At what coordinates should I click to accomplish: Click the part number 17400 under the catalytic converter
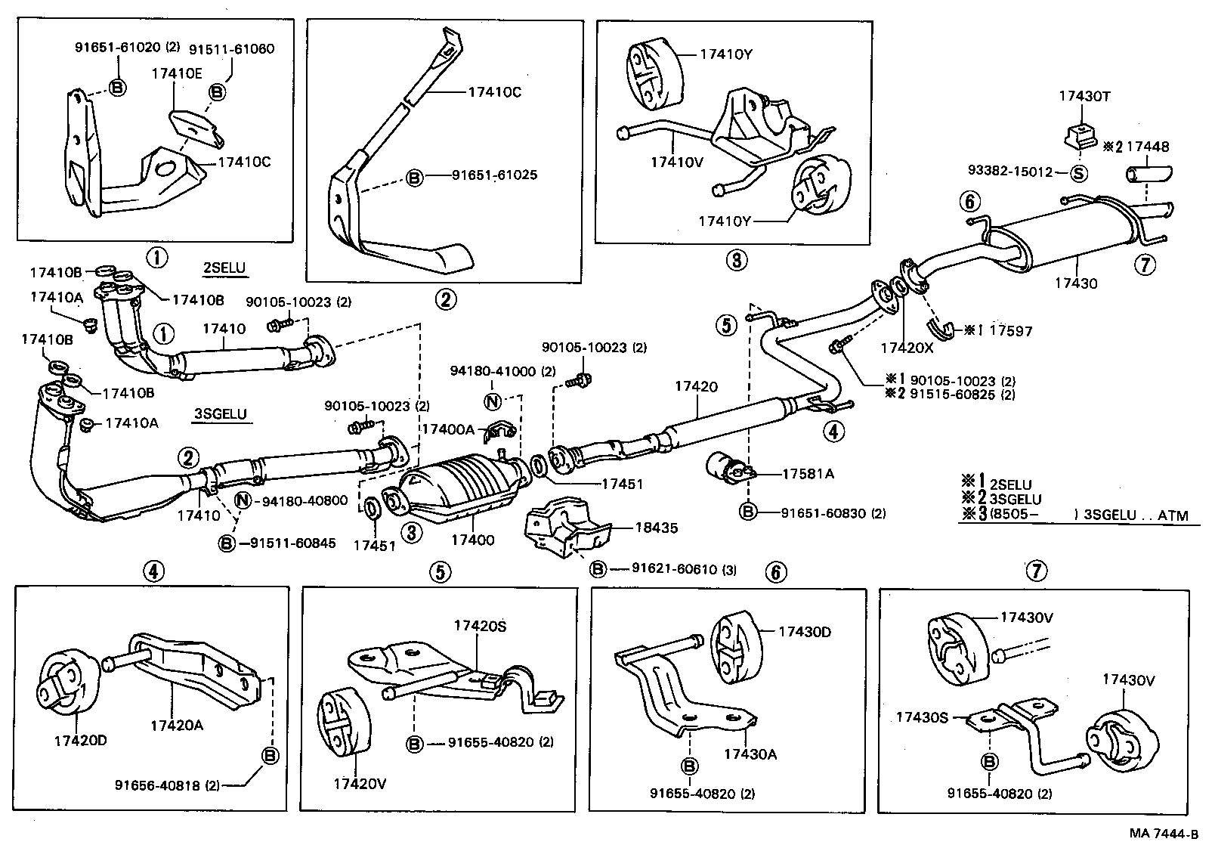coord(472,540)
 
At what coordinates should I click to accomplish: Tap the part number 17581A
coord(808,474)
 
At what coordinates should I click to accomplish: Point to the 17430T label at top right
coord(1084,96)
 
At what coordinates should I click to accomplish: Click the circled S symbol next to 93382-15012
coord(1079,172)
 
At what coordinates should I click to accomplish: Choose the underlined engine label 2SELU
coord(224,268)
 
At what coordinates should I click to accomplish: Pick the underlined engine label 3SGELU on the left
coord(221,414)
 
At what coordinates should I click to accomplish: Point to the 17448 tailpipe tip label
coord(1152,147)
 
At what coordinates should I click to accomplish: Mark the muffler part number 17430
coord(1076,283)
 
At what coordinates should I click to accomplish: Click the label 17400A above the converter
coord(447,429)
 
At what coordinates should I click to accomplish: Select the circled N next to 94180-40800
coord(243,500)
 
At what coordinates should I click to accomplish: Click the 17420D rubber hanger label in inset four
coord(79,740)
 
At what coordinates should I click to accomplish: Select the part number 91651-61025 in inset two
coord(494,175)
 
